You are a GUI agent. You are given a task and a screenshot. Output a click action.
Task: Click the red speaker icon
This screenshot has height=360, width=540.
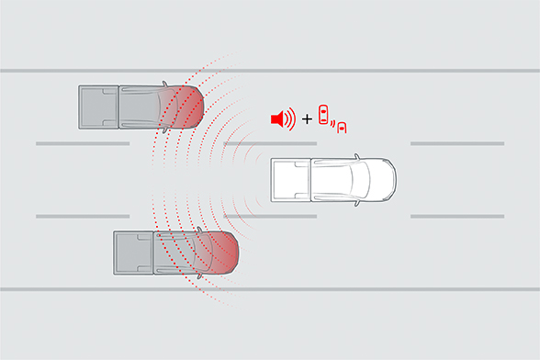tap(279, 118)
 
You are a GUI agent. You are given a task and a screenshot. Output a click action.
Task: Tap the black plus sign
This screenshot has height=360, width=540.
tap(306, 119)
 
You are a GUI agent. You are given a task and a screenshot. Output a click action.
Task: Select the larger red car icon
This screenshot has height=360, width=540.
tap(323, 115)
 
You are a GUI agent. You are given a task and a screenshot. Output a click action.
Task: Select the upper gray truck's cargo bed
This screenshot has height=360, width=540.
tap(99, 107)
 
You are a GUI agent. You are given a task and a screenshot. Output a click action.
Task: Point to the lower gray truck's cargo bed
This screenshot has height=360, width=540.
tap(134, 252)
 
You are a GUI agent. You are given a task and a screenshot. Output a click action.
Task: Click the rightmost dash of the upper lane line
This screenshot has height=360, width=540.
tap(456, 144)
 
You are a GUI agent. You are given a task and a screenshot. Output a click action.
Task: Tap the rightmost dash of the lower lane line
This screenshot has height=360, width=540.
tap(456, 216)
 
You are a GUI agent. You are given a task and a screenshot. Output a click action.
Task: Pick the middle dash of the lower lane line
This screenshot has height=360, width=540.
tap(276, 216)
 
